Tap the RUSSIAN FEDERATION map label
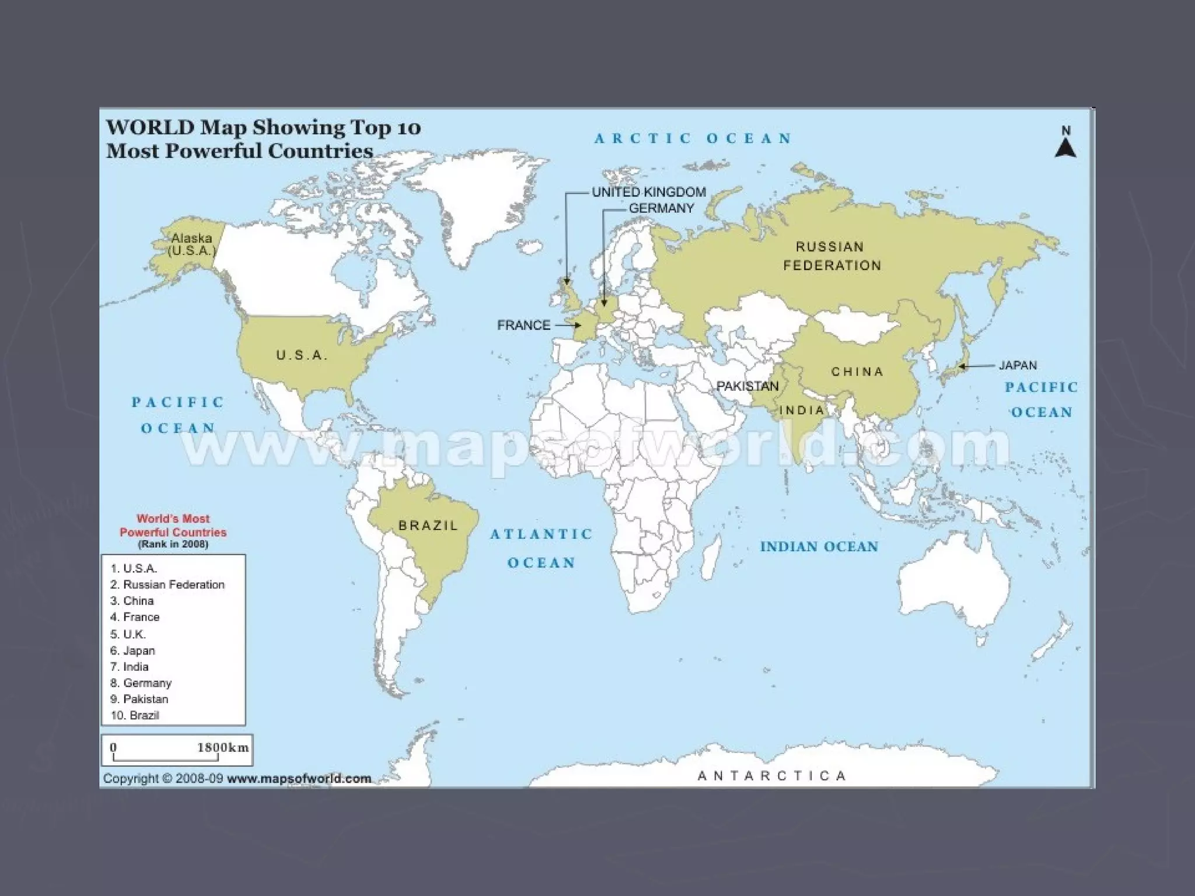pos(831,256)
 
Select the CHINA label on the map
pos(857,372)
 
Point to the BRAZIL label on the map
pos(428,526)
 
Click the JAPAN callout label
pos(1018,366)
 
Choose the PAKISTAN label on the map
pos(747,386)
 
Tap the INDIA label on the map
pos(802,410)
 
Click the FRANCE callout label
pos(523,325)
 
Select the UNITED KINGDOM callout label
pos(648,192)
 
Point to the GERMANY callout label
pos(661,208)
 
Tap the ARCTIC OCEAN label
pos(693,139)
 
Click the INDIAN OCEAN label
pos(819,547)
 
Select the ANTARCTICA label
pos(771,776)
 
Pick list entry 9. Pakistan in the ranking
pos(139,699)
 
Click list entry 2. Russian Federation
pos(167,584)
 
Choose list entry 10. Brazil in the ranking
pos(135,715)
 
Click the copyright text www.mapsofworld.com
pos(299,778)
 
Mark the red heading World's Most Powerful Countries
pos(173,525)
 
